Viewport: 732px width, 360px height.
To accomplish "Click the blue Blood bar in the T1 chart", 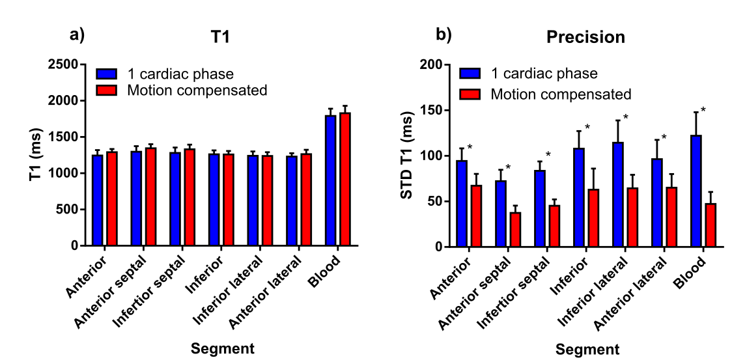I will (x=331, y=180).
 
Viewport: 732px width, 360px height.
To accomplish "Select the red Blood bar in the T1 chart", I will (x=345, y=179).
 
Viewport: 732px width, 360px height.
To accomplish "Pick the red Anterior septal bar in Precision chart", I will (x=515, y=230).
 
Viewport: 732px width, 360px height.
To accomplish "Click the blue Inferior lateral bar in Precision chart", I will (x=618, y=195).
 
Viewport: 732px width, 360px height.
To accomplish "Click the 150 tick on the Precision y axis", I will (x=430, y=111).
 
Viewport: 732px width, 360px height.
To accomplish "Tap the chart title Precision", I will (x=585, y=37).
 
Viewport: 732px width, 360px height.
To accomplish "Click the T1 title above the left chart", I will (x=219, y=37).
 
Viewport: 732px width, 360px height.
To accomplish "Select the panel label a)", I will (x=77, y=35).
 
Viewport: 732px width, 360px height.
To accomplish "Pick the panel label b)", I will (x=443, y=35).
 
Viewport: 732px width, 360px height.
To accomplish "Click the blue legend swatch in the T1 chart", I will (x=106, y=74).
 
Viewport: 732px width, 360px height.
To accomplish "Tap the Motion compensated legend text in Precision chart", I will (x=561, y=94).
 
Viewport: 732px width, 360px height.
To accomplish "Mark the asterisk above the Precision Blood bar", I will (x=703, y=110).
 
